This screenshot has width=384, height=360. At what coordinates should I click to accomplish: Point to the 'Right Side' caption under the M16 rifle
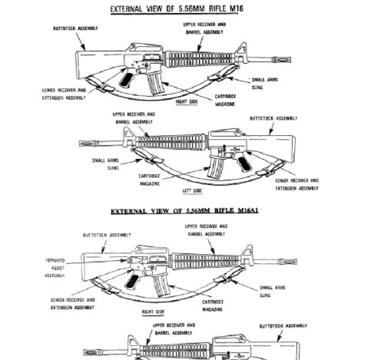[187, 101]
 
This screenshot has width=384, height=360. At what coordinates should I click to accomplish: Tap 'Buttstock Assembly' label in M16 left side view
[272, 119]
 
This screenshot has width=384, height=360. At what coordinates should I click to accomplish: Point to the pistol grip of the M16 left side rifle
[245, 165]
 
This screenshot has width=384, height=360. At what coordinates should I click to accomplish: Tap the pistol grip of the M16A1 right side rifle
[147, 281]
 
